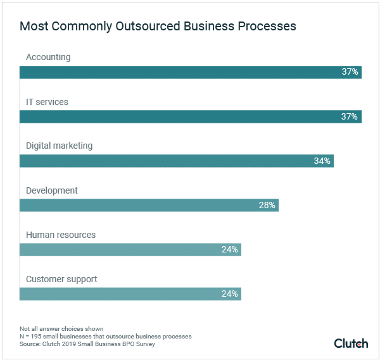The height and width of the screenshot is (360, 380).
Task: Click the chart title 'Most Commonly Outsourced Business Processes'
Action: [x=158, y=27]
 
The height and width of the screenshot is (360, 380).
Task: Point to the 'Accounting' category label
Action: [x=48, y=57]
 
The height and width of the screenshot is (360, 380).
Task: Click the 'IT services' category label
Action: [x=47, y=101]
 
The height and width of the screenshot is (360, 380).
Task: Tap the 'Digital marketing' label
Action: [x=59, y=146]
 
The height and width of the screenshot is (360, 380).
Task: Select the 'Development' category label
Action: [x=52, y=190]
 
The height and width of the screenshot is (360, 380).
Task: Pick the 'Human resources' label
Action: [x=61, y=235]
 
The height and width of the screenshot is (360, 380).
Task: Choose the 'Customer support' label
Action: [x=61, y=279]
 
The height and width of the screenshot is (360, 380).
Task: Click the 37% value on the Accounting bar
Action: [x=350, y=72]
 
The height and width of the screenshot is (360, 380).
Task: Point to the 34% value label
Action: [x=322, y=161]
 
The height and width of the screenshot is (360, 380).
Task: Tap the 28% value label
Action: [x=267, y=205]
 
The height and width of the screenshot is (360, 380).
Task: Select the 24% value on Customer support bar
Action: [x=229, y=294]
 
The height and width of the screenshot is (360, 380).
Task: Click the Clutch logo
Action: [x=351, y=343]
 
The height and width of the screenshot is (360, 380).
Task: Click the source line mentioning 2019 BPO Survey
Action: [x=87, y=344]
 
